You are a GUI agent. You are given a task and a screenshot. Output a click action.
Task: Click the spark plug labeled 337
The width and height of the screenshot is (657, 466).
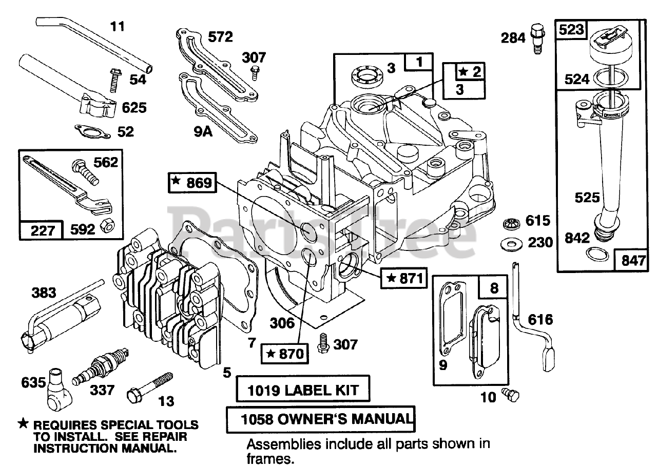click(100, 366)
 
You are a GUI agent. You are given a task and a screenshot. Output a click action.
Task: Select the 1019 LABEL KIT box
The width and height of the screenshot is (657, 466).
click(303, 389)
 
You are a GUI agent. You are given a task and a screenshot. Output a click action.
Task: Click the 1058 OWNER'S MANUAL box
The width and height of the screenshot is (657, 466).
click(321, 419)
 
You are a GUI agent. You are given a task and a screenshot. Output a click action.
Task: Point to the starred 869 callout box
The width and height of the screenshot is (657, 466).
click(192, 182)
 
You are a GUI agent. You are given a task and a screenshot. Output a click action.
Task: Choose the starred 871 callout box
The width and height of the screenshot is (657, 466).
click(404, 278)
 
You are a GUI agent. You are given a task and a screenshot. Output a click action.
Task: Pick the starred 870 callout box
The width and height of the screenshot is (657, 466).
click(285, 354)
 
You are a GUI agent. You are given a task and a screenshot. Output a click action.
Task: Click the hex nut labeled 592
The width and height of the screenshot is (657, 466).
click(107, 227)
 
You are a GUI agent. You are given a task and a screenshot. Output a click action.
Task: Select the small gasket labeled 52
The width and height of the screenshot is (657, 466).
click(92, 131)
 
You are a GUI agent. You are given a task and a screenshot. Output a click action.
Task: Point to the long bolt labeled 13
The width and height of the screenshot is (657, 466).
click(149, 387)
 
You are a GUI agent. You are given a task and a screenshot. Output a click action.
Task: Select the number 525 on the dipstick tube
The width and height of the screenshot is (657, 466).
click(587, 198)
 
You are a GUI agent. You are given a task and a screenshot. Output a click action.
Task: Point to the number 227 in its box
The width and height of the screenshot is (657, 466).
click(43, 231)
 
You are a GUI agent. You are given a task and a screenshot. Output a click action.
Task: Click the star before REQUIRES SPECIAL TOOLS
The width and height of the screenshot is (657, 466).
click(23, 423)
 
